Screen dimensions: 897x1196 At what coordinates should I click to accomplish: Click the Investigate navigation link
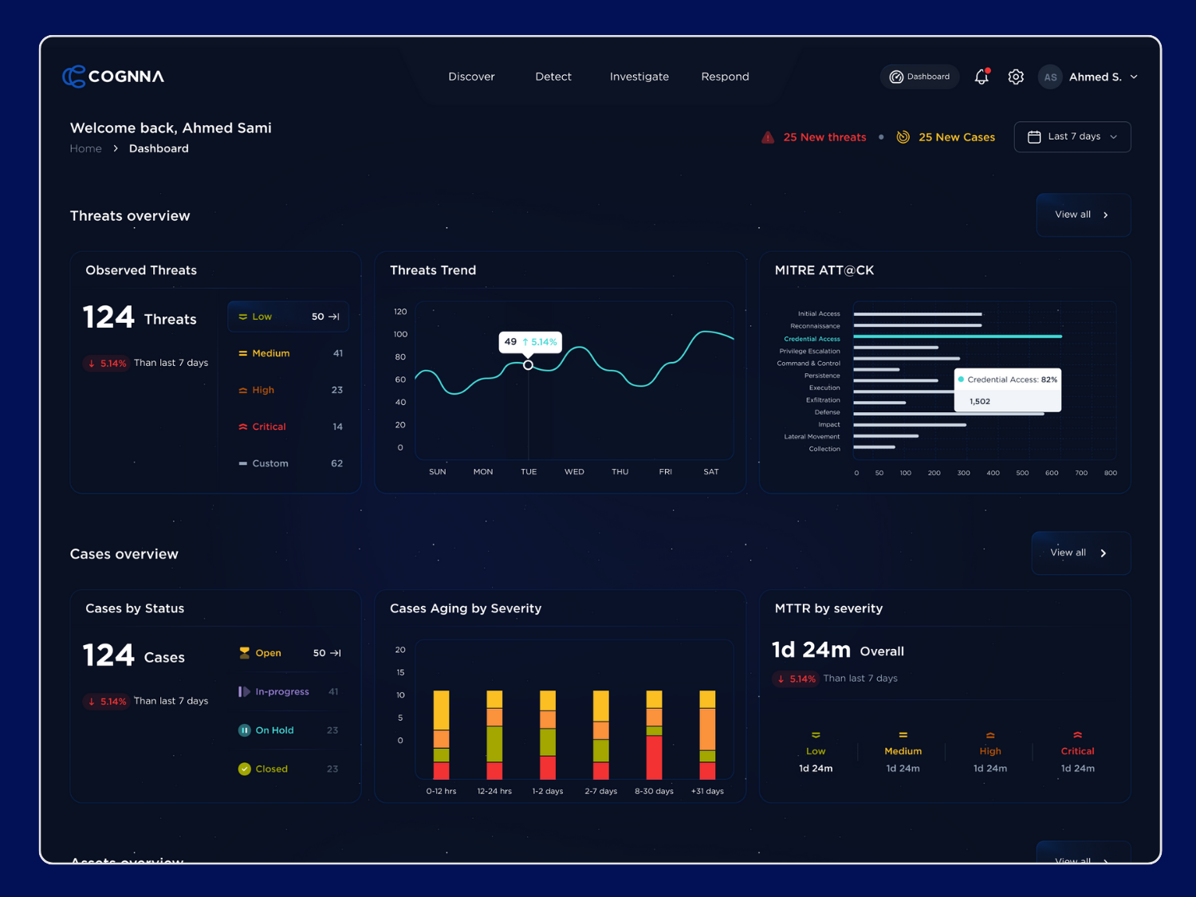click(x=639, y=77)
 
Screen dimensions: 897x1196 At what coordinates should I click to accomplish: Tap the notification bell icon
click(x=982, y=77)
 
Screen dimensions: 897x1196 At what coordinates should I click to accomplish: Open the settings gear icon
click(x=1016, y=77)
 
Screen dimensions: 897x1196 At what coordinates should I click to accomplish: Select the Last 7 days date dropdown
click(x=1072, y=136)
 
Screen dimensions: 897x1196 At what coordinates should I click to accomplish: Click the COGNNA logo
click(x=113, y=77)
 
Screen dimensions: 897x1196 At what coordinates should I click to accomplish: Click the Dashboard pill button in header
click(x=920, y=77)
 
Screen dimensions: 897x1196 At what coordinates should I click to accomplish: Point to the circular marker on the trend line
click(x=528, y=365)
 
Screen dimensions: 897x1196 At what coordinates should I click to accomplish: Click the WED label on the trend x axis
click(x=574, y=472)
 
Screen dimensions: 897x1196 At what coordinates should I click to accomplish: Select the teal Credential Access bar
click(x=957, y=336)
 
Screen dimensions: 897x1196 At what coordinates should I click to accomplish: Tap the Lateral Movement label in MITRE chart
click(x=812, y=437)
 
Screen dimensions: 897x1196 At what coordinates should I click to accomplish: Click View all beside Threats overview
click(x=1082, y=214)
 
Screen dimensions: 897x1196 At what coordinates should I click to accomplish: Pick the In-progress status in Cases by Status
click(x=282, y=691)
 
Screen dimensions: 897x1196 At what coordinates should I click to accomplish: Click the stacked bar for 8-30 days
click(x=654, y=734)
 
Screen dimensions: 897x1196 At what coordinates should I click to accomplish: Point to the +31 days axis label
click(x=707, y=791)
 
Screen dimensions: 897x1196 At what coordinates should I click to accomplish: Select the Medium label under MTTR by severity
click(x=903, y=751)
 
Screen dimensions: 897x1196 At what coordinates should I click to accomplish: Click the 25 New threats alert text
click(x=824, y=137)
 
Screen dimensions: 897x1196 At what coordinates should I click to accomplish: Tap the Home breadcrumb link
click(x=85, y=148)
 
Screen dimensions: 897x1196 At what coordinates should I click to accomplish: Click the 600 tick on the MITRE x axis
click(x=1052, y=473)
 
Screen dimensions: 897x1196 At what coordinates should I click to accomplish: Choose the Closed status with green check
click(x=271, y=769)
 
